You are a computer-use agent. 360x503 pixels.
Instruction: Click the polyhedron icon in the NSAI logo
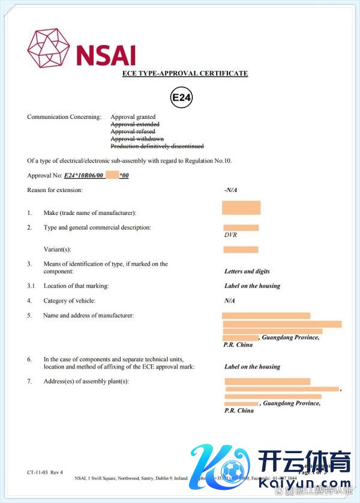pos(49,47)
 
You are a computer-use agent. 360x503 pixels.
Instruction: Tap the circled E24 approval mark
pos(181,97)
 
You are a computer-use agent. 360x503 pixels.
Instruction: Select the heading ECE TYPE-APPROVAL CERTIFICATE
pos(185,73)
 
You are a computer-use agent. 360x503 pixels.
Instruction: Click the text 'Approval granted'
pos(133,117)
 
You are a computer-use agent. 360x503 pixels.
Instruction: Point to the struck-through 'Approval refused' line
pos(133,131)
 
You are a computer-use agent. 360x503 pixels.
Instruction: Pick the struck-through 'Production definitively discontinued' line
pos(157,146)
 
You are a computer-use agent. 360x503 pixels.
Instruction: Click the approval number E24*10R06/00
pos(84,175)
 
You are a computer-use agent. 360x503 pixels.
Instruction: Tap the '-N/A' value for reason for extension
pos(231,190)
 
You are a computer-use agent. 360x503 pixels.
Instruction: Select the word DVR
pos(231,235)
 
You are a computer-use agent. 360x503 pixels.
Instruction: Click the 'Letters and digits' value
pos(247,271)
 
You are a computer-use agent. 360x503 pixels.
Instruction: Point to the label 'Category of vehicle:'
pos(69,301)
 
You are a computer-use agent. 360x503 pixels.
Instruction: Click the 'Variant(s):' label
pos(62,250)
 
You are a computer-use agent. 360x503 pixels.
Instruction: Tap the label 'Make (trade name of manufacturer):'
pos(90,213)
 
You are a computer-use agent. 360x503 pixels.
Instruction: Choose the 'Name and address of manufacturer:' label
pos(88,316)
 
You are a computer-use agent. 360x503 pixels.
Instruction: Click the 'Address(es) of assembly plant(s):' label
pos(86,382)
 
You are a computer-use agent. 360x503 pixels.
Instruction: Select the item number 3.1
pos(31,286)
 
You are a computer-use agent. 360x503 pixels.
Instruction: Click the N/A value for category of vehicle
pos(229,301)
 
